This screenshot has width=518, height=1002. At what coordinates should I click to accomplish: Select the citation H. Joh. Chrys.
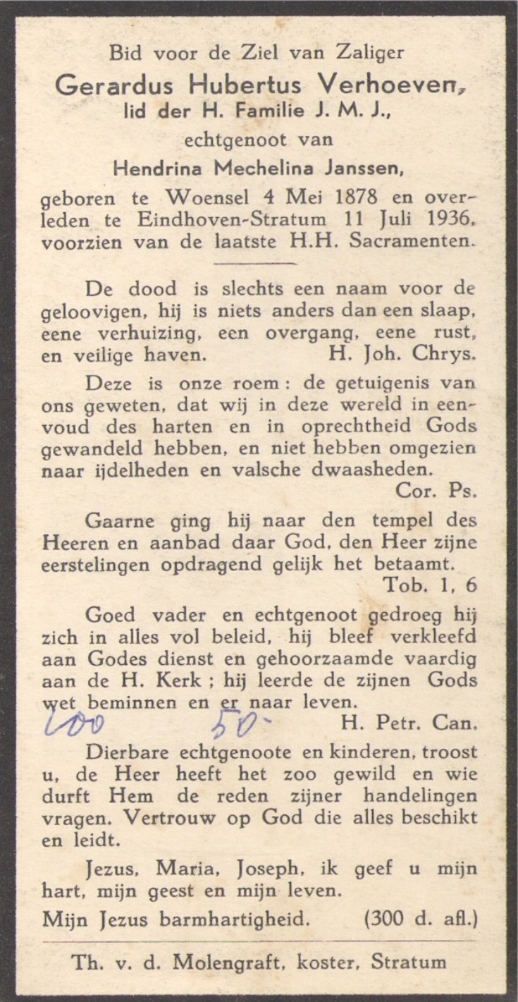401,355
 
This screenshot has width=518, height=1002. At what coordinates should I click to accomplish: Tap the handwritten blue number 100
75,723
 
